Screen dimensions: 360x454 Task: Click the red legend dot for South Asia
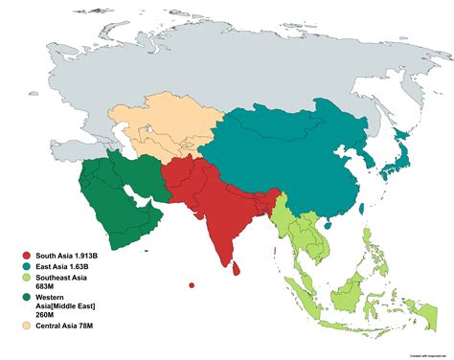[26, 256]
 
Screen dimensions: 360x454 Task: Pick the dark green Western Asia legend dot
[26, 297]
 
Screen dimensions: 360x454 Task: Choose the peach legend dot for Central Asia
[26, 326]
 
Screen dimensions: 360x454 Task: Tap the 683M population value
[47, 286]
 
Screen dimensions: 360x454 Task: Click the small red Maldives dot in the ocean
[193, 283]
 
